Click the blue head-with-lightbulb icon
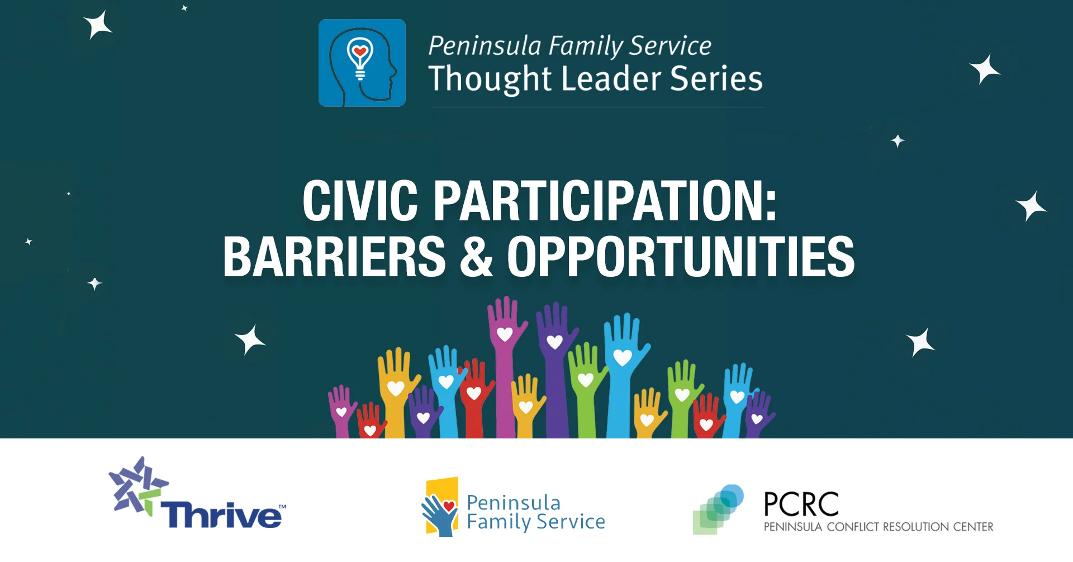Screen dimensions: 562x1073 (362, 63)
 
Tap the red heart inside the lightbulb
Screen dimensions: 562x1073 (360, 52)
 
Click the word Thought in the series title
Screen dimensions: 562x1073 (490, 79)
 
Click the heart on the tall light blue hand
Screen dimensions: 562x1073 (623, 357)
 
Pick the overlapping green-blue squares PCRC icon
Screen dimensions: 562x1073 (718, 509)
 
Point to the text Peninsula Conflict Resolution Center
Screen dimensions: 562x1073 (878, 527)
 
